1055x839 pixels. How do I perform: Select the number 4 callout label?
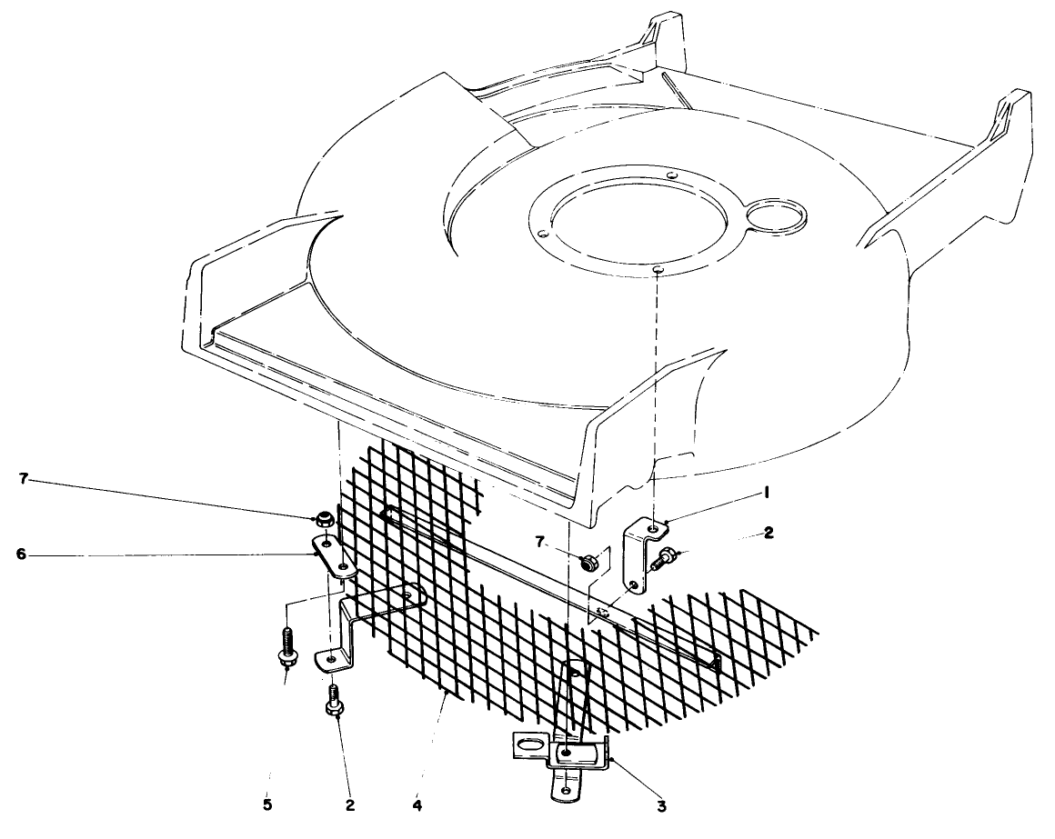(417, 804)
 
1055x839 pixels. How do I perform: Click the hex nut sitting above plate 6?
(322, 522)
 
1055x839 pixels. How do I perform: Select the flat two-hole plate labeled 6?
(331, 556)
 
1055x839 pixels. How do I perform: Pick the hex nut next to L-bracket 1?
(589, 560)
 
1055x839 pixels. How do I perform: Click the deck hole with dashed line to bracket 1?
(656, 268)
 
